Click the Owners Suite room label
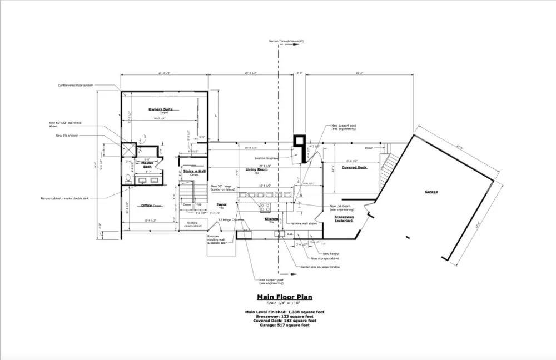pos(160,109)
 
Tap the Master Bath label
pos(147,164)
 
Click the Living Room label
pos(256,169)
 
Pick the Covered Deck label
pos(354,167)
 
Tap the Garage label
pos(431,192)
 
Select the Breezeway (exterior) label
pos(345,218)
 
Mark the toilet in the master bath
pos(128,179)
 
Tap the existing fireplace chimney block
pos(300,147)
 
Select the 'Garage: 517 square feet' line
pos(284,325)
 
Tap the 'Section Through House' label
pos(286,42)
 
